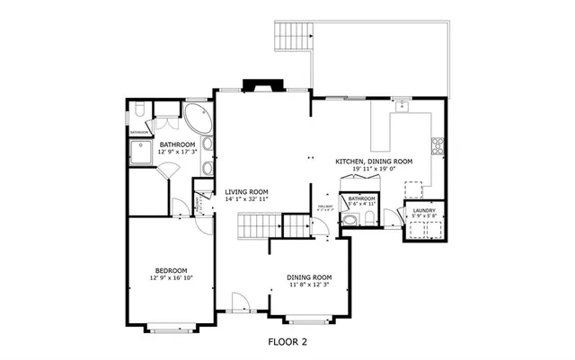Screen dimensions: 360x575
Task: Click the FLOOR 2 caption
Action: coord(287,342)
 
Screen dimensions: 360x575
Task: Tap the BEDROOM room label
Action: coord(170,270)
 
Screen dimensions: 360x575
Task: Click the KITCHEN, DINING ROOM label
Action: coord(374,161)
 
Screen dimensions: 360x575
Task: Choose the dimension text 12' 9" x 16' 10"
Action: coord(170,278)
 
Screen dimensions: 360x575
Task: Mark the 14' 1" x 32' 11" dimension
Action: coord(247,199)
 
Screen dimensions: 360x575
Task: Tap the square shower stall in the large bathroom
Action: coord(139,156)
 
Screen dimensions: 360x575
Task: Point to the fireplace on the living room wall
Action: coord(264,87)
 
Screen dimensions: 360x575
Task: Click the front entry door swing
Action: coord(238,303)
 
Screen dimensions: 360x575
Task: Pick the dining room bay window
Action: coord(308,319)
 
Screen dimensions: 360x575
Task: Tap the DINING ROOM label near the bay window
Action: coord(309,277)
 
